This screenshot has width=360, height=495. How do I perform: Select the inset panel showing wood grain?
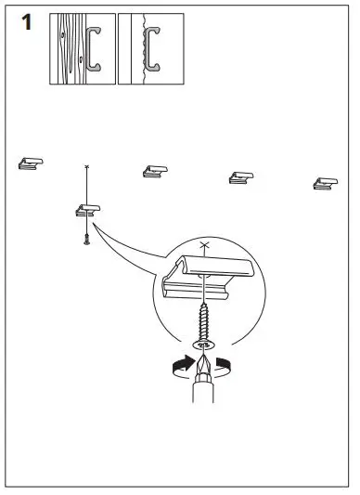(82, 49)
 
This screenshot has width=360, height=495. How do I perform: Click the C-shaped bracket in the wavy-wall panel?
(151, 47)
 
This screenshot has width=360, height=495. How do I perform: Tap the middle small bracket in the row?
(155, 171)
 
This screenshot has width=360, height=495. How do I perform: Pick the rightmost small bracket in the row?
(325, 183)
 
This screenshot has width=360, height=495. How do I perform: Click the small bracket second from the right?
(241, 176)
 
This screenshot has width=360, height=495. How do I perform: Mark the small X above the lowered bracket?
(87, 166)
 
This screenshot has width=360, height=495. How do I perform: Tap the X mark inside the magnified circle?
(205, 245)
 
